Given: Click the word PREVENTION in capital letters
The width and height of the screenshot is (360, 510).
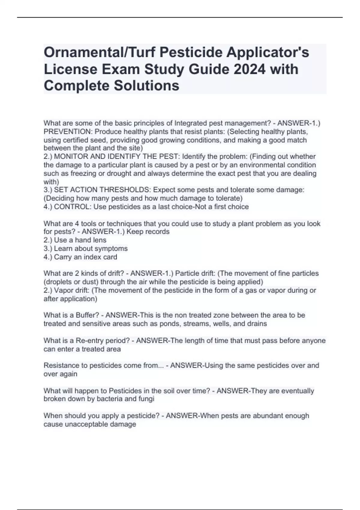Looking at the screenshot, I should point(68,132).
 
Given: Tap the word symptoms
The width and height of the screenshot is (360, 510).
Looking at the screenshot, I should point(113,248).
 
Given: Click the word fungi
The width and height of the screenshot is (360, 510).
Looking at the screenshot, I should point(147,399).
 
